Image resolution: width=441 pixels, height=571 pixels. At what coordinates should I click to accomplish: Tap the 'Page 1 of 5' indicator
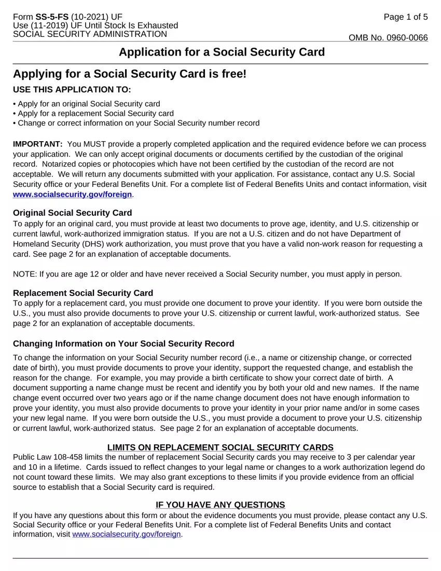406,17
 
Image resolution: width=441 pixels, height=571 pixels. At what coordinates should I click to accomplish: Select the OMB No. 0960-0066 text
388,38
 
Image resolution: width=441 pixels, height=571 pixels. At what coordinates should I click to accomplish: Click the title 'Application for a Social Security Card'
222,52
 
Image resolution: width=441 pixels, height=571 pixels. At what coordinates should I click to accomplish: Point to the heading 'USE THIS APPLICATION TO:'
72,90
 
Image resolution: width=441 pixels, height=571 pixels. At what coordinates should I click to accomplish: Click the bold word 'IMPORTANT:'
38,144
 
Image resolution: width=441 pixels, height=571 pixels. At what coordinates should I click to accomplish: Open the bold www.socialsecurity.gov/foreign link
73,194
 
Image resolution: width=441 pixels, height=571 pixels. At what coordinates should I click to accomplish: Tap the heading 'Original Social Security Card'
72,213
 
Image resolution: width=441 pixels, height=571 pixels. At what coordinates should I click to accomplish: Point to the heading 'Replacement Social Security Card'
82,293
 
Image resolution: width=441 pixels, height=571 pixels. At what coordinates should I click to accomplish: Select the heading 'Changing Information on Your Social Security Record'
123,344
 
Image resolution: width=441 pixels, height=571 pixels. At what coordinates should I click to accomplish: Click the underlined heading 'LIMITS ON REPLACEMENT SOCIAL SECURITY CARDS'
220,447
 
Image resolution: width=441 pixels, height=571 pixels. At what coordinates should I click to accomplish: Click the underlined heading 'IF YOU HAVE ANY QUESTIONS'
220,505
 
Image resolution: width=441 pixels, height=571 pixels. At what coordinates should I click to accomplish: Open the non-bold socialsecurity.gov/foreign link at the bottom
127,535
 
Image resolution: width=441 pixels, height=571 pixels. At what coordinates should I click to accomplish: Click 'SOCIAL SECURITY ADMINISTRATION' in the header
90,34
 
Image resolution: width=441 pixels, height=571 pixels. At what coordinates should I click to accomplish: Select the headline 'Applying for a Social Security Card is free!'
130,74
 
